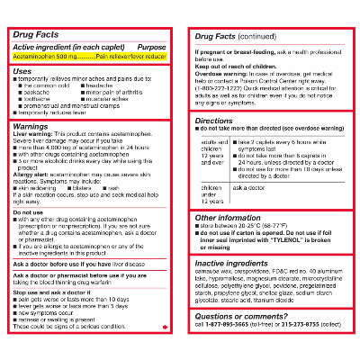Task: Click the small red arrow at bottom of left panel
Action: (166, 327)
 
